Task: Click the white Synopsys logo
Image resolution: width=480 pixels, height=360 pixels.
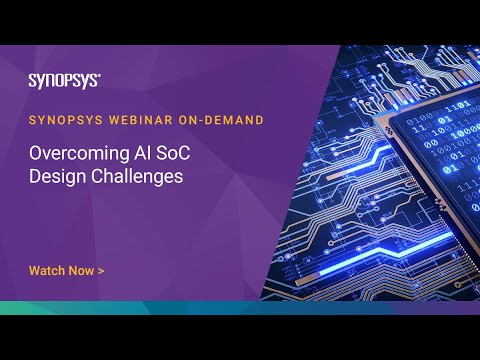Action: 62,80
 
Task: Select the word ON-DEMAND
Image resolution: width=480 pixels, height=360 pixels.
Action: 224,119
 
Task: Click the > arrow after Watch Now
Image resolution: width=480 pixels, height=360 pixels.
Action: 101,270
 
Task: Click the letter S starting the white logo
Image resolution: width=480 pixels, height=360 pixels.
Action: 32,80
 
